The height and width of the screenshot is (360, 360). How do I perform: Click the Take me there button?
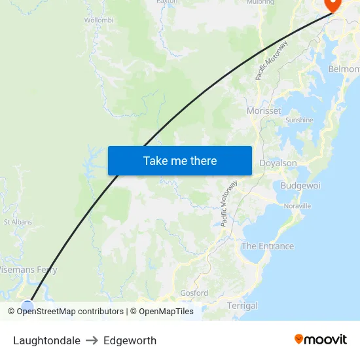180,160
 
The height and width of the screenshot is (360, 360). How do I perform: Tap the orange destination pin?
333,4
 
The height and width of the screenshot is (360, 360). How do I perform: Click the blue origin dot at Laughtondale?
27,306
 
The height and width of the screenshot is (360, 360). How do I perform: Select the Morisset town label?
264,111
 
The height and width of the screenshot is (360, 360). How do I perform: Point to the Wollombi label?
99,20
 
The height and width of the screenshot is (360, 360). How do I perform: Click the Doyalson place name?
278,163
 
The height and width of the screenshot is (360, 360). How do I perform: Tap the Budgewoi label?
300,185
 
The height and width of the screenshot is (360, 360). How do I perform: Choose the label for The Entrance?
268,246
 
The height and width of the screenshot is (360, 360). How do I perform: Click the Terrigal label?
242,306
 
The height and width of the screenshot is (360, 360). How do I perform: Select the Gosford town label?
194,293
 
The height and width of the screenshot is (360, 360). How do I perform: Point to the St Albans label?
18,223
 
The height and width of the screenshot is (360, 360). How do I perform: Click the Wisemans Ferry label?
29,270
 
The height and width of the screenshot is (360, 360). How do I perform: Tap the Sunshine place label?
299,120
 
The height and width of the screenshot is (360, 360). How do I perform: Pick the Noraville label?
298,206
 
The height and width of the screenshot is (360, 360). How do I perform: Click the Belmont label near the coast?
344,69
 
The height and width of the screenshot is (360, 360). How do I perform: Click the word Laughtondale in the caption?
46,340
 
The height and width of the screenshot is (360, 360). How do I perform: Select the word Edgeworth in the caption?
130,340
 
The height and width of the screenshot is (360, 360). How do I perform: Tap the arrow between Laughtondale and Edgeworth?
92,340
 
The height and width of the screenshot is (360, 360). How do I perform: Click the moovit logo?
320,339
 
